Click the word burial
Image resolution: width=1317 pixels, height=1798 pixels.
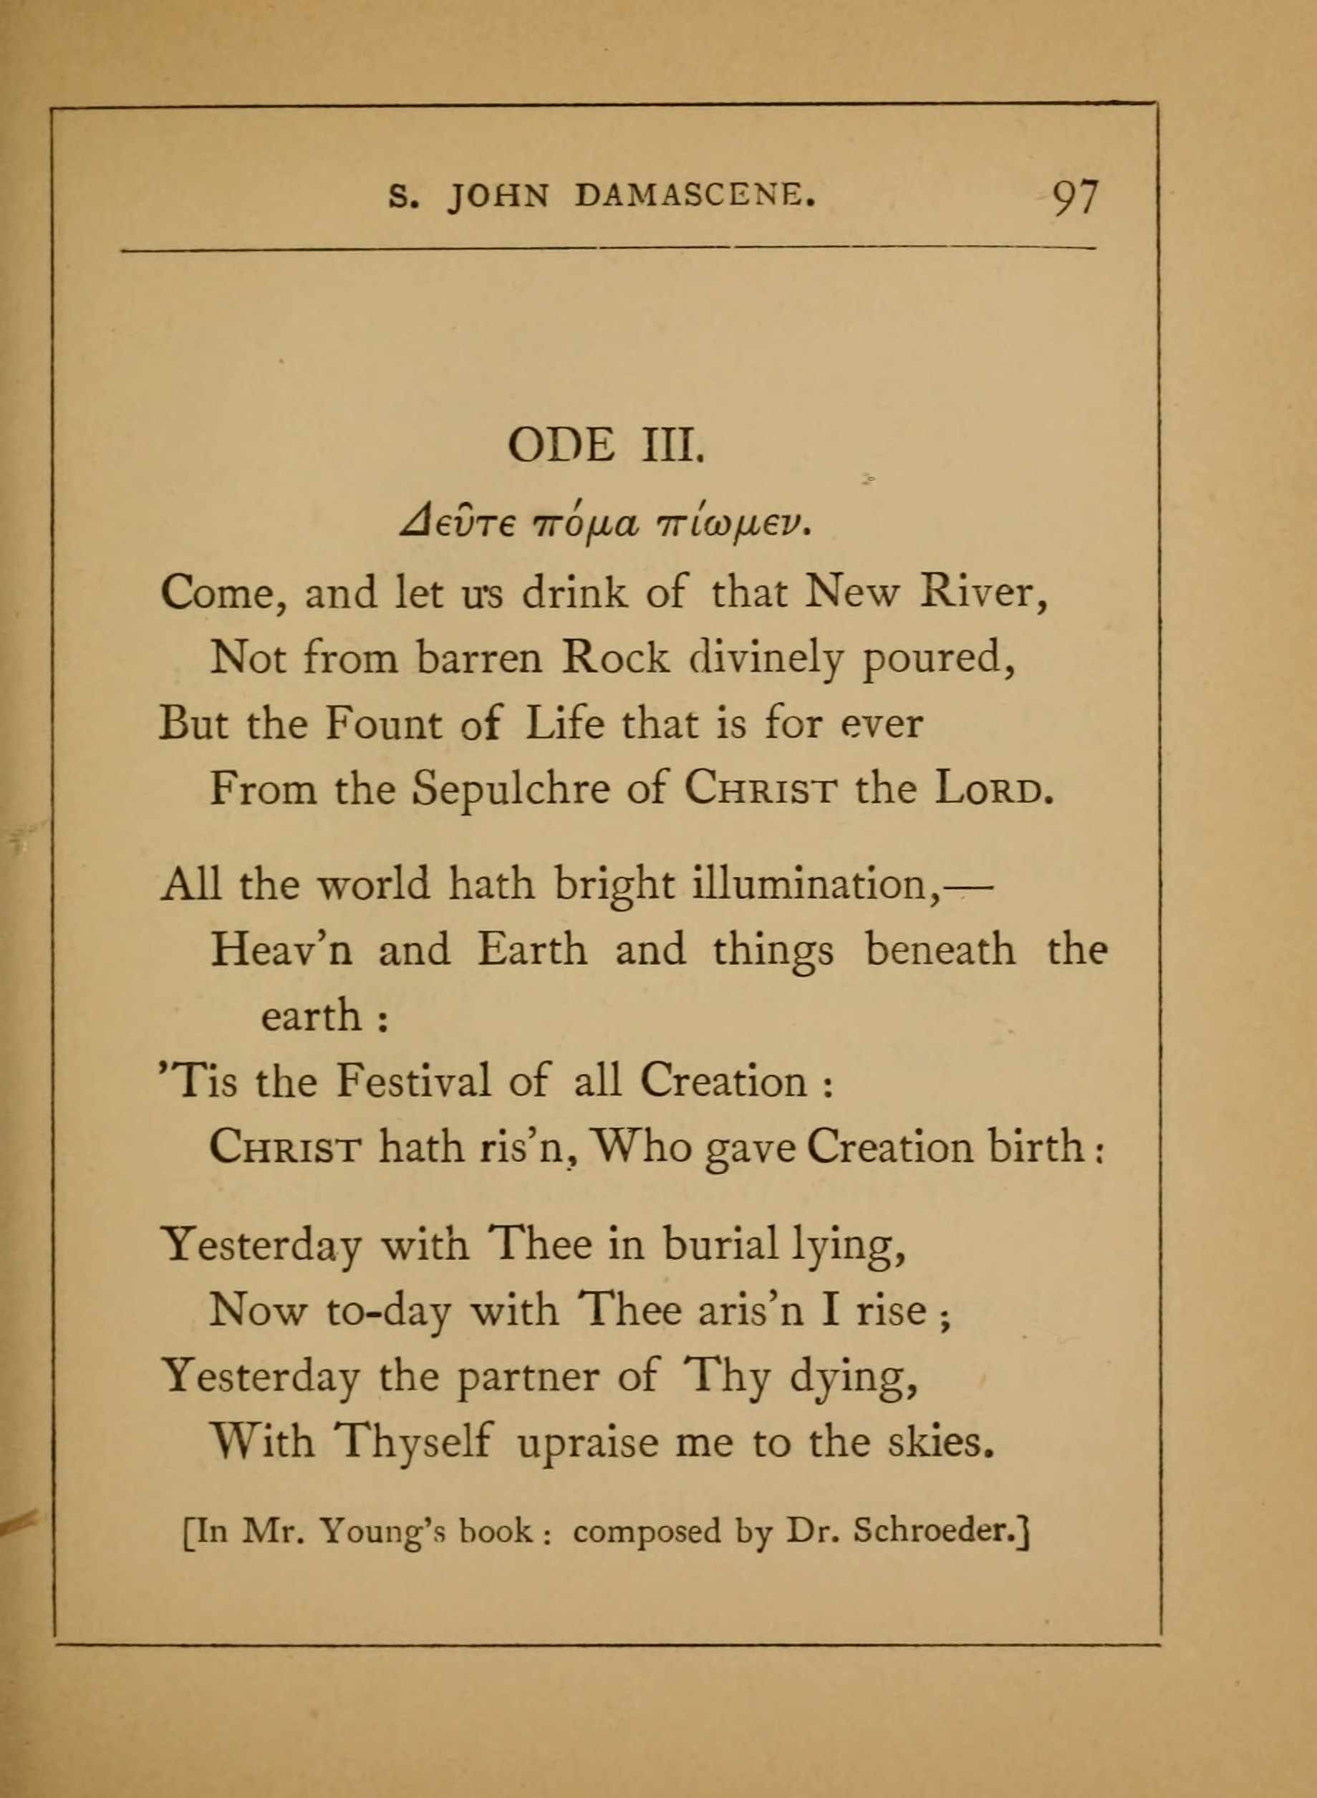[x=719, y=1245]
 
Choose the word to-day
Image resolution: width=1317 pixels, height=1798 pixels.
[x=388, y=1311]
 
